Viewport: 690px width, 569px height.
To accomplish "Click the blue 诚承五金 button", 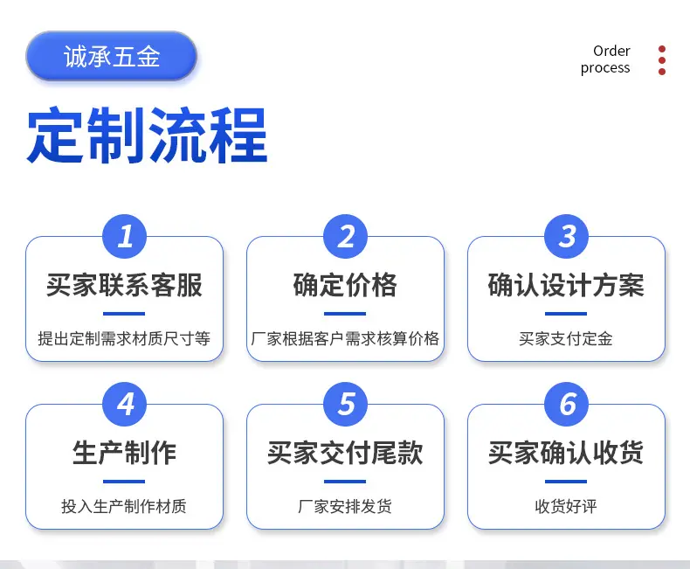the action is (x=111, y=56).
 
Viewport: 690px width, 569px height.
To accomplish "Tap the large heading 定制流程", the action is (x=148, y=135).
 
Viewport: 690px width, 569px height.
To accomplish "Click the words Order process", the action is (x=605, y=59).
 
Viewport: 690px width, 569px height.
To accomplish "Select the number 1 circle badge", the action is (x=125, y=236).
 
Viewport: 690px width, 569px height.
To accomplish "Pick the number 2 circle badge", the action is (x=346, y=236).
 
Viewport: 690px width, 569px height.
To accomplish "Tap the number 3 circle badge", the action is (x=566, y=236).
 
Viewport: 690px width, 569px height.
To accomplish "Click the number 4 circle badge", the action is (x=125, y=404).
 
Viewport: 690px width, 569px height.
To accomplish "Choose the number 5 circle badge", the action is (x=346, y=404).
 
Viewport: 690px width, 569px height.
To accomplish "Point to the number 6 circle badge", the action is (x=566, y=404).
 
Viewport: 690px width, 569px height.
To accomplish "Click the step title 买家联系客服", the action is (x=125, y=285).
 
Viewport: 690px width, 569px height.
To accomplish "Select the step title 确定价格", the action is (x=346, y=285).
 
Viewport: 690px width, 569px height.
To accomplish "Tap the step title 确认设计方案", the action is (x=566, y=285).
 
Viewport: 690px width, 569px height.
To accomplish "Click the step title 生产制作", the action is (x=125, y=453).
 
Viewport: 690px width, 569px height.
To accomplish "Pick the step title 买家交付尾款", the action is (x=346, y=453).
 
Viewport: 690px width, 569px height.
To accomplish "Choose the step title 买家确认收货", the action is (x=566, y=453).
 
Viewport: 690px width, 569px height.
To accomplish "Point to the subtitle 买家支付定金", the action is (x=566, y=338).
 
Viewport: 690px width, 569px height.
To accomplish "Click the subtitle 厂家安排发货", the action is (x=345, y=506).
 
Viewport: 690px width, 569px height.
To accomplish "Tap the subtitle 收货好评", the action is (x=566, y=506).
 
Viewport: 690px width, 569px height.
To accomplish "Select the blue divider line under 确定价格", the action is (x=345, y=314).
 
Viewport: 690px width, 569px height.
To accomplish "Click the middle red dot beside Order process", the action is (x=662, y=60).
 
